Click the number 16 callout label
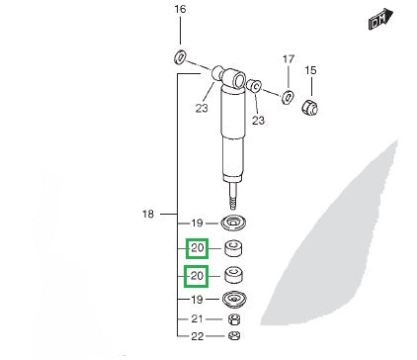tap(180, 9)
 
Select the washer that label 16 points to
tap(180, 57)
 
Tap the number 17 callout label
tap(289, 59)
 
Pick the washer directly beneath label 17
tap(288, 96)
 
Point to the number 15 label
tap(310, 70)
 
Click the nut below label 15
tap(310, 107)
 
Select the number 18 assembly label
tap(148, 215)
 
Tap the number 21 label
tap(197, 318)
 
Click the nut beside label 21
tap(234, 319)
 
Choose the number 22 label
tap(198, 336)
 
